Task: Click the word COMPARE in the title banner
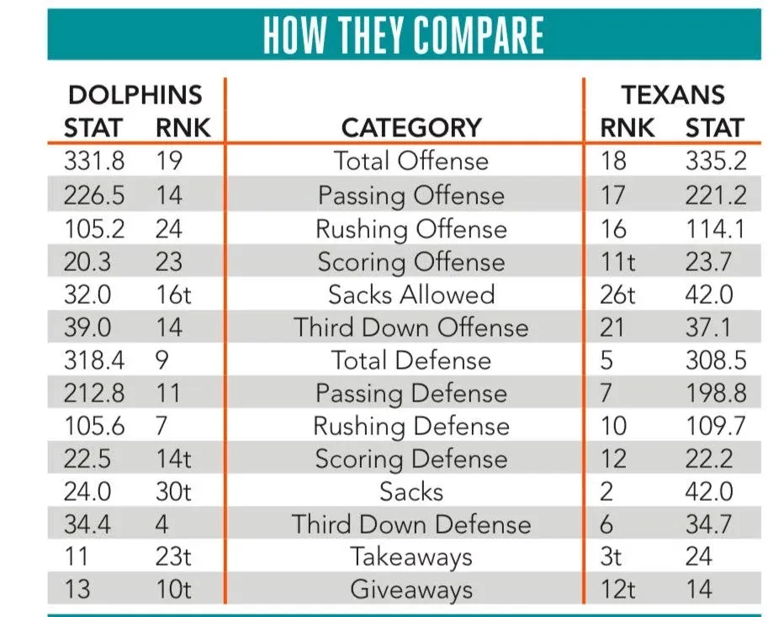(479, 35)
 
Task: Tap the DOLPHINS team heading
(135, 94)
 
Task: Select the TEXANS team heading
(672, 94)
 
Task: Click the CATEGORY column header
(411, 128)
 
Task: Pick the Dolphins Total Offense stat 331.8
(94, 161)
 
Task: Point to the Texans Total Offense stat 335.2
(716, 161)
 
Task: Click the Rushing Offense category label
(411, 230)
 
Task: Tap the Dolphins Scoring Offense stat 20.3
(87, 262)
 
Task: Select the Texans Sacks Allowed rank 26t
(617, 295)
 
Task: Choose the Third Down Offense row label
(411, 327)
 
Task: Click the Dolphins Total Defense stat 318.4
(94, 360)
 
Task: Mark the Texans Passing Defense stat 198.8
(716, 393)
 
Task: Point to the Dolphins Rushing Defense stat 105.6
(94, 426)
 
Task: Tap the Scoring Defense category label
(411, 460)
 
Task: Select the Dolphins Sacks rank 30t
(173, 492)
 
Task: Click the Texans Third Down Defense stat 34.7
(708, 524)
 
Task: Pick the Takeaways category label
(411, 557)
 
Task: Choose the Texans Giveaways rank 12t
(617, 589)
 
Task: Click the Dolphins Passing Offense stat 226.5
(94, 195)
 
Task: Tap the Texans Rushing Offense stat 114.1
(716, 229)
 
